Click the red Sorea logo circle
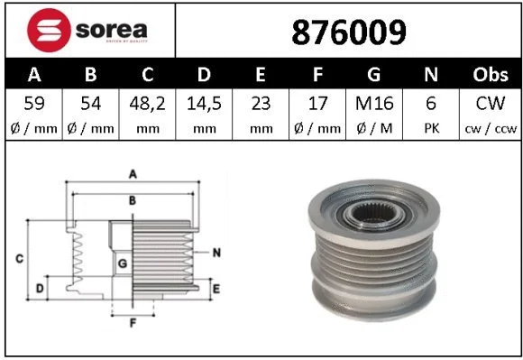49,30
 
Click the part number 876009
349,32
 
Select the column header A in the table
34,74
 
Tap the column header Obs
491,74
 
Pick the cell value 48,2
147,104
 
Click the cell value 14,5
204,104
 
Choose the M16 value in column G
374,104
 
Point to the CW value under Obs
491,104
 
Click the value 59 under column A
34,104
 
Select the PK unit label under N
432,128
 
